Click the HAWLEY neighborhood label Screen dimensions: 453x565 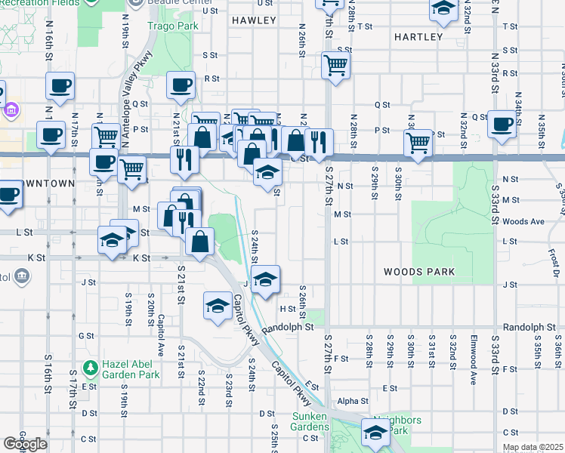click(x=254, y=20)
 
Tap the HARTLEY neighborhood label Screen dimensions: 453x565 click(x=418, y=37)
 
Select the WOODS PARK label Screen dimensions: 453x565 click(x=418, y=272)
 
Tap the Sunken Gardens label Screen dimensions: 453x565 click(x=311, y=421)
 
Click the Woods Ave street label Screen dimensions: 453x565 click(x=523, y=221)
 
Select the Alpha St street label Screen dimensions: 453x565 click(x=352, y=401)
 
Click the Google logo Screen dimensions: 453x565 click(x=25, y=444)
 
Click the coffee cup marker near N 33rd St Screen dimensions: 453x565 click(x=501, y=125)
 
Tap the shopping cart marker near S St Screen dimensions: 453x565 click(x=335, y=65)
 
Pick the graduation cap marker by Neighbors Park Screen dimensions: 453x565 click(x=375, y=433)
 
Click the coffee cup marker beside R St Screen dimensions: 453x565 click(x=181, y=86)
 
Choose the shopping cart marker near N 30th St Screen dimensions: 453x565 click(x=418, y=142)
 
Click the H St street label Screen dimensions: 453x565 click(x=288, y=309)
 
